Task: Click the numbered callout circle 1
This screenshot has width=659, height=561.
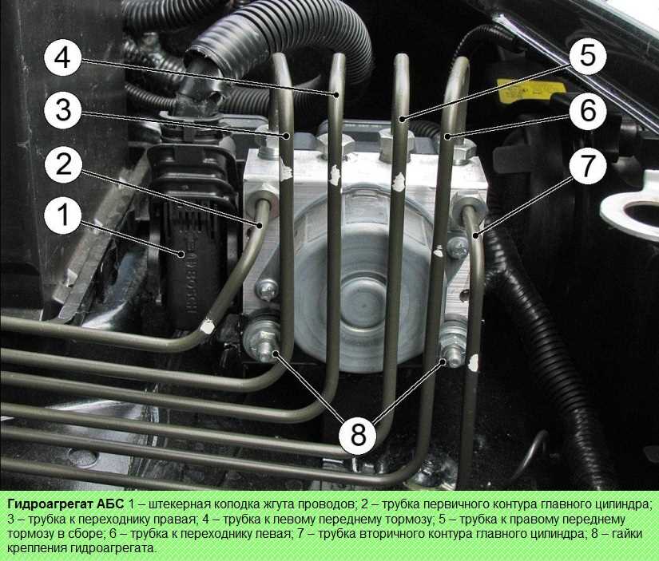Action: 63,215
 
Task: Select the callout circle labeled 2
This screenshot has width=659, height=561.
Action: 63,164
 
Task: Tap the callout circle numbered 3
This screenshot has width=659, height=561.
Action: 63,110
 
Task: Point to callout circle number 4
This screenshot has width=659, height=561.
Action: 63,57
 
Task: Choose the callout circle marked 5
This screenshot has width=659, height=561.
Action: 588,55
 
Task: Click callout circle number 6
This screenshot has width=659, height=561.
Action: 588,110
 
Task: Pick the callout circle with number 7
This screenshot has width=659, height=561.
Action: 588,165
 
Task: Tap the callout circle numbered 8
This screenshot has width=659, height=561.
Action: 358,434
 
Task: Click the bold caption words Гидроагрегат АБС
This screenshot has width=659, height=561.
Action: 66,504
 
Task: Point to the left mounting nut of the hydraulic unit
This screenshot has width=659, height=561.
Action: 264,344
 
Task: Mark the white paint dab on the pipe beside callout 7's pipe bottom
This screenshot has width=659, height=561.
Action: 473,363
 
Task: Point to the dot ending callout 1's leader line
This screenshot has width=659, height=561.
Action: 181,254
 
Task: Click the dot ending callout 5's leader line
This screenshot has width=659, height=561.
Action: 403,119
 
